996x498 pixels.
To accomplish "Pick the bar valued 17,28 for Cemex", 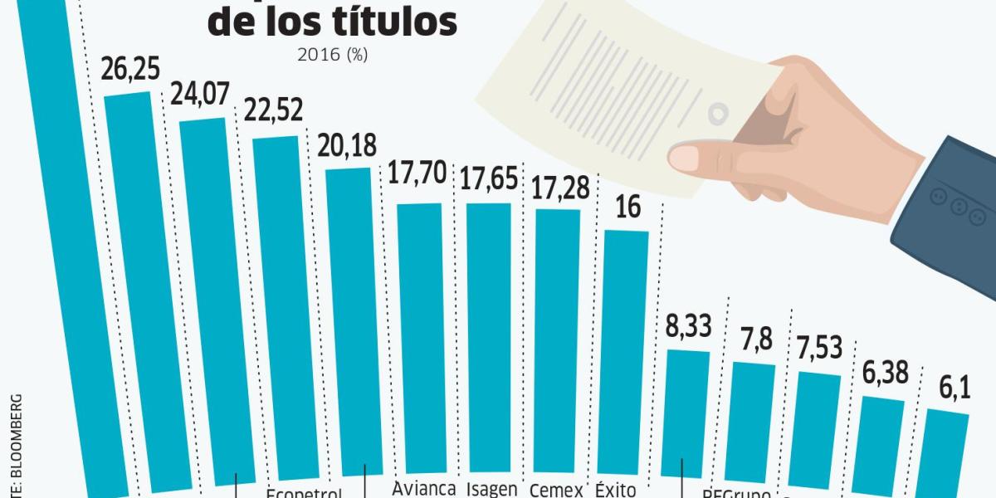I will click(559, 340).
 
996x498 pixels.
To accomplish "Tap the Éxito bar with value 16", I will click(627, 349).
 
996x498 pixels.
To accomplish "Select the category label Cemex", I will click(556, 490).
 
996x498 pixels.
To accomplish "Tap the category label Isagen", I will click(492, 490).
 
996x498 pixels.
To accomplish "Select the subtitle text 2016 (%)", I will click(332, 56).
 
